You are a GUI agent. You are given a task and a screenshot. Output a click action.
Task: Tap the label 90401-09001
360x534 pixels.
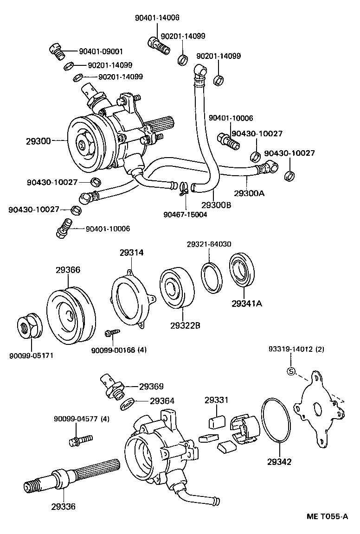(x=101, y=51)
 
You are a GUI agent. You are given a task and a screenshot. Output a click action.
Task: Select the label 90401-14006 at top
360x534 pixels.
(x=157, y=18)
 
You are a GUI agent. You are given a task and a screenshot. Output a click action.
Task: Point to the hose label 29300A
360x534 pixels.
(x=249, y=193)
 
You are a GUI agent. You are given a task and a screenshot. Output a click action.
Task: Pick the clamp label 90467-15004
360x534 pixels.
(x=185, y=214)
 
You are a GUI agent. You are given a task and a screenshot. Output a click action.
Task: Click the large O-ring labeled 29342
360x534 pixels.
(x=276, y=420)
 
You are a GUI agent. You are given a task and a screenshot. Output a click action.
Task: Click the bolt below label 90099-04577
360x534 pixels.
(x=80, y=439)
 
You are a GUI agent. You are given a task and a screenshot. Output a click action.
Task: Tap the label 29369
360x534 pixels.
(x=151, y=386)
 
